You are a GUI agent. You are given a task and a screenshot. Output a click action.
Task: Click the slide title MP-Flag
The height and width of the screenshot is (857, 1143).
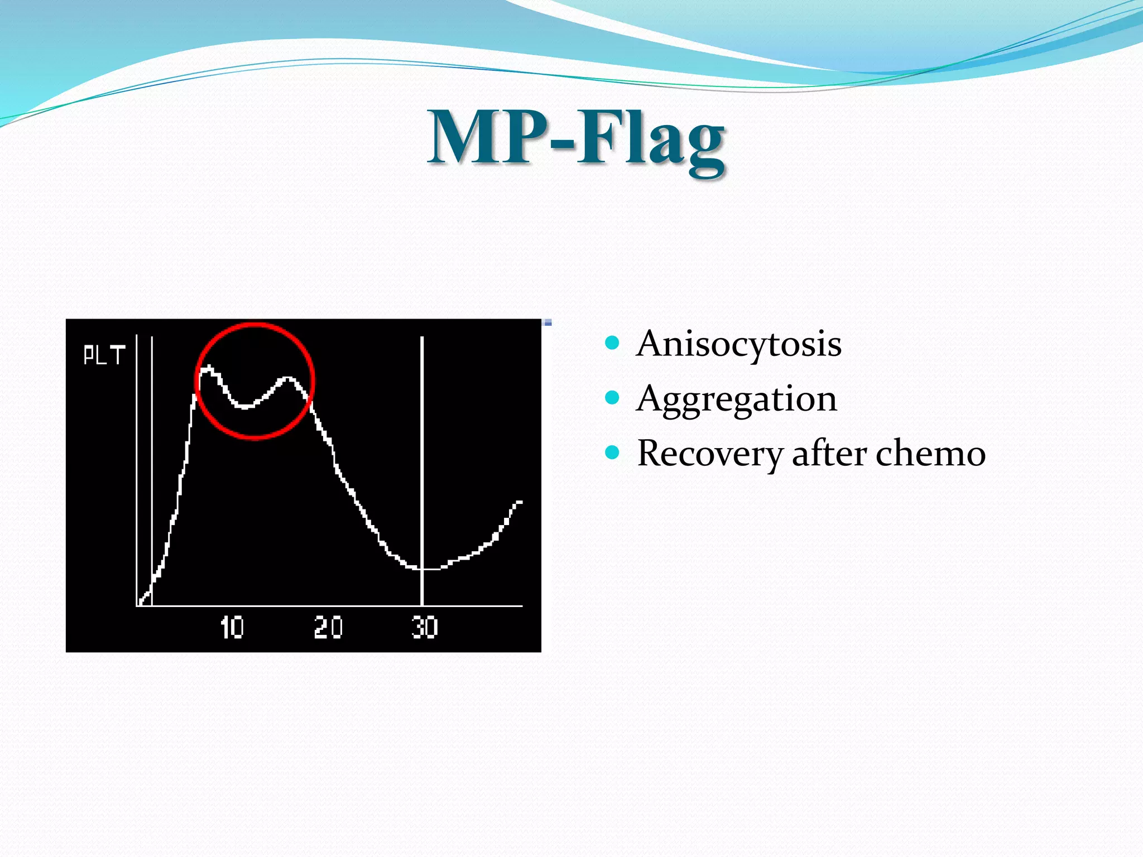point(577,138)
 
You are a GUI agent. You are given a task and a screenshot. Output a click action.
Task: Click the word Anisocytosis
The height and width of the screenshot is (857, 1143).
point(738,344)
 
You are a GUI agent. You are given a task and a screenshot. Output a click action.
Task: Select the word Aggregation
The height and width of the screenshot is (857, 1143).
point(736,399)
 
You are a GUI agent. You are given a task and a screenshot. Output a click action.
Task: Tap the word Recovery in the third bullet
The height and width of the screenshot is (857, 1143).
point(710,453)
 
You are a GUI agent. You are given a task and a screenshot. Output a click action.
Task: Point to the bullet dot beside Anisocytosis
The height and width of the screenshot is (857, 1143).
point(612,342)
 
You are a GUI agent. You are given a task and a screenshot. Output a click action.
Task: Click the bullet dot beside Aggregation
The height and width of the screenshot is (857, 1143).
point(612,397)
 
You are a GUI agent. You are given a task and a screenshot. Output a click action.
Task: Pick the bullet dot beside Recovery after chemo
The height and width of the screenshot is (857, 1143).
point(612,452)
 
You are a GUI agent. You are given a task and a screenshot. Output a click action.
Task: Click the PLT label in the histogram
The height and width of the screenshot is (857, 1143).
point(104,355)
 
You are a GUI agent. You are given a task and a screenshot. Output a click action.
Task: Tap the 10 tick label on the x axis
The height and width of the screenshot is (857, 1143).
point(232,628)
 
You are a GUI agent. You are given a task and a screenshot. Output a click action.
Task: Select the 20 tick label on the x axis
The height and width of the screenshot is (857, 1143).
point(328,628)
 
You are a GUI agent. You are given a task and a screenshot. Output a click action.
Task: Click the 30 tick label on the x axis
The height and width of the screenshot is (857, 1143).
point(425,628)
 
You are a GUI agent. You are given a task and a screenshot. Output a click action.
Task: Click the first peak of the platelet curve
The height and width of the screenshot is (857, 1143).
point(208,368)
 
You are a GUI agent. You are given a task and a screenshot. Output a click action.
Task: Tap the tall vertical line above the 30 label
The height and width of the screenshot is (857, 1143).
point(422,446)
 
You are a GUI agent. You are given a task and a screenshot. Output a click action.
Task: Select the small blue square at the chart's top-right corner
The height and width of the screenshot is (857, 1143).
point(548,322)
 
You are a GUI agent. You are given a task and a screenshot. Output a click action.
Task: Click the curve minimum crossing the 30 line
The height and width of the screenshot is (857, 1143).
point(422,569)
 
